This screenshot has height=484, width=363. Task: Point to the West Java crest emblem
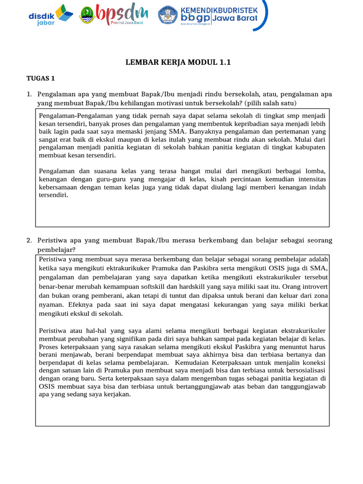point(86,15)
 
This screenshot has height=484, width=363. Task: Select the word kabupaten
point(310,147)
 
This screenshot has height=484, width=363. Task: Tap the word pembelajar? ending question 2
point(56,249)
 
